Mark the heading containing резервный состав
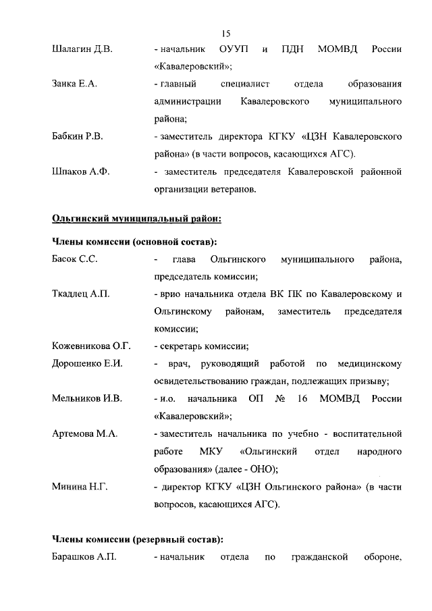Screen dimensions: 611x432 (138, 539)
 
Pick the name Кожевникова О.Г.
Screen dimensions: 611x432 (91, 346)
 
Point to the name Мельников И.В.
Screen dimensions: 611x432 (87, 398)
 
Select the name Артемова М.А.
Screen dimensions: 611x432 (85, 433)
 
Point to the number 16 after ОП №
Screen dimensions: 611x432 (302, 398)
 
